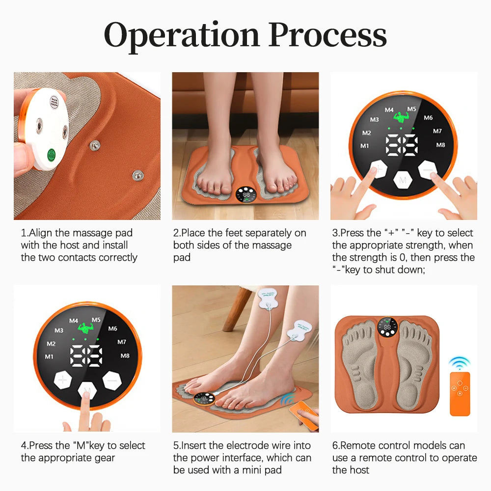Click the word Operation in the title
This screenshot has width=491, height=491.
coord(182,35)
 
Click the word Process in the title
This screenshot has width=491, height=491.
coord(328,35)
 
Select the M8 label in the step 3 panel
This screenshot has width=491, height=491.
coord(440,145)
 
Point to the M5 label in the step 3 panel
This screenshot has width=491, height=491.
coord(411,109)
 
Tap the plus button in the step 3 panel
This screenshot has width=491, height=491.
coord(378,171)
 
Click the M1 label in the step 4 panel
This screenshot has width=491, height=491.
coord(50,356)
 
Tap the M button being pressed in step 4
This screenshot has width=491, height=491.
coord(87,390)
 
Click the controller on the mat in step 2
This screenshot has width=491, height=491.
coord(245,195)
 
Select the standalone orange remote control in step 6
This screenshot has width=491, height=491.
coord(460,394)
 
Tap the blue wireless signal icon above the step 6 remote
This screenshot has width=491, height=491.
coord(460,363)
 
